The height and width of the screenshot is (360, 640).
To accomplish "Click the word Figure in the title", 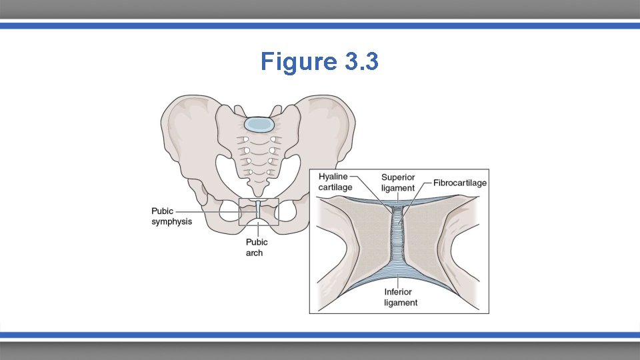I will click(x=299, y=62).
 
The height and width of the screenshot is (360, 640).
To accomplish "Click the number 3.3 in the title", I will click(x=362, y=62).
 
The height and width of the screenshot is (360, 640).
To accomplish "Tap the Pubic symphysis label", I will click(x=171, y=216).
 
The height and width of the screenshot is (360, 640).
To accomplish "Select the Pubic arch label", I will click(x=257, y=247).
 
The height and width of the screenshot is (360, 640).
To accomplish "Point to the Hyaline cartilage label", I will click(x=335, y=181).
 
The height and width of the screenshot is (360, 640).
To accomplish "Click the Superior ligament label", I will click(x=398, y=183).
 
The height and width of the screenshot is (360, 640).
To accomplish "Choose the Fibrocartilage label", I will click(x=460, y=183).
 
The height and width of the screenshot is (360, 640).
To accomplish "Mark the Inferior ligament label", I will click(x=401, y=297).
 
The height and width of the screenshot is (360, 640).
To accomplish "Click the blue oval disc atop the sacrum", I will click(x=259, y=124).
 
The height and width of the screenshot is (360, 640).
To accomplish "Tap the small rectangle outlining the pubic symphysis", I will click(x=240, y=211).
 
